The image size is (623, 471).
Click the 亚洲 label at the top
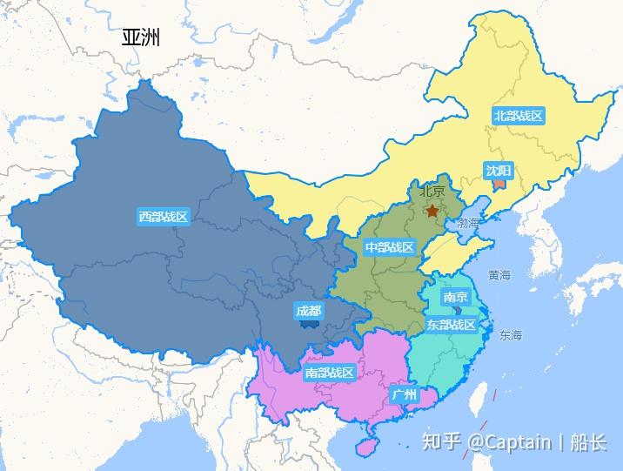click(x=141, y=37)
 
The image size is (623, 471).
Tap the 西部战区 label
click(x=163, y=217)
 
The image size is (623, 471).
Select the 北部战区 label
click(x=518, y=116)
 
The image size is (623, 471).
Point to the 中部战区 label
click(x=389, y=247)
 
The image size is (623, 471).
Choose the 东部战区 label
click(x=451, y=325)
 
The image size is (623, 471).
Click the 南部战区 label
click(x=330, y=373)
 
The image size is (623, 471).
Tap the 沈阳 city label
click(x=499, y=170)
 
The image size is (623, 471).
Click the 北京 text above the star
click(x=432, y=192)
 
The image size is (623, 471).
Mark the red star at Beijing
click(x=432, y=211)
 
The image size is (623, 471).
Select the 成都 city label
click(x=308, y=311)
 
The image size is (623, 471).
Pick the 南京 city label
click(x=455, y=297)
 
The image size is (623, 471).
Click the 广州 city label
click(x=405, y=394)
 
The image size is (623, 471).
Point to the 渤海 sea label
click(x=467, y=224)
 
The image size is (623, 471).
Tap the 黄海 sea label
click(x=499, y=275)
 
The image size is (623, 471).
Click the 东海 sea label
click(x=511, y=335)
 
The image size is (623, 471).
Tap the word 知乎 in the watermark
click(x=440, y=441)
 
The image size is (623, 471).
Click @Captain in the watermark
click(x=509, y=441)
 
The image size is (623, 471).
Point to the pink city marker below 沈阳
click(x=499, y=185)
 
